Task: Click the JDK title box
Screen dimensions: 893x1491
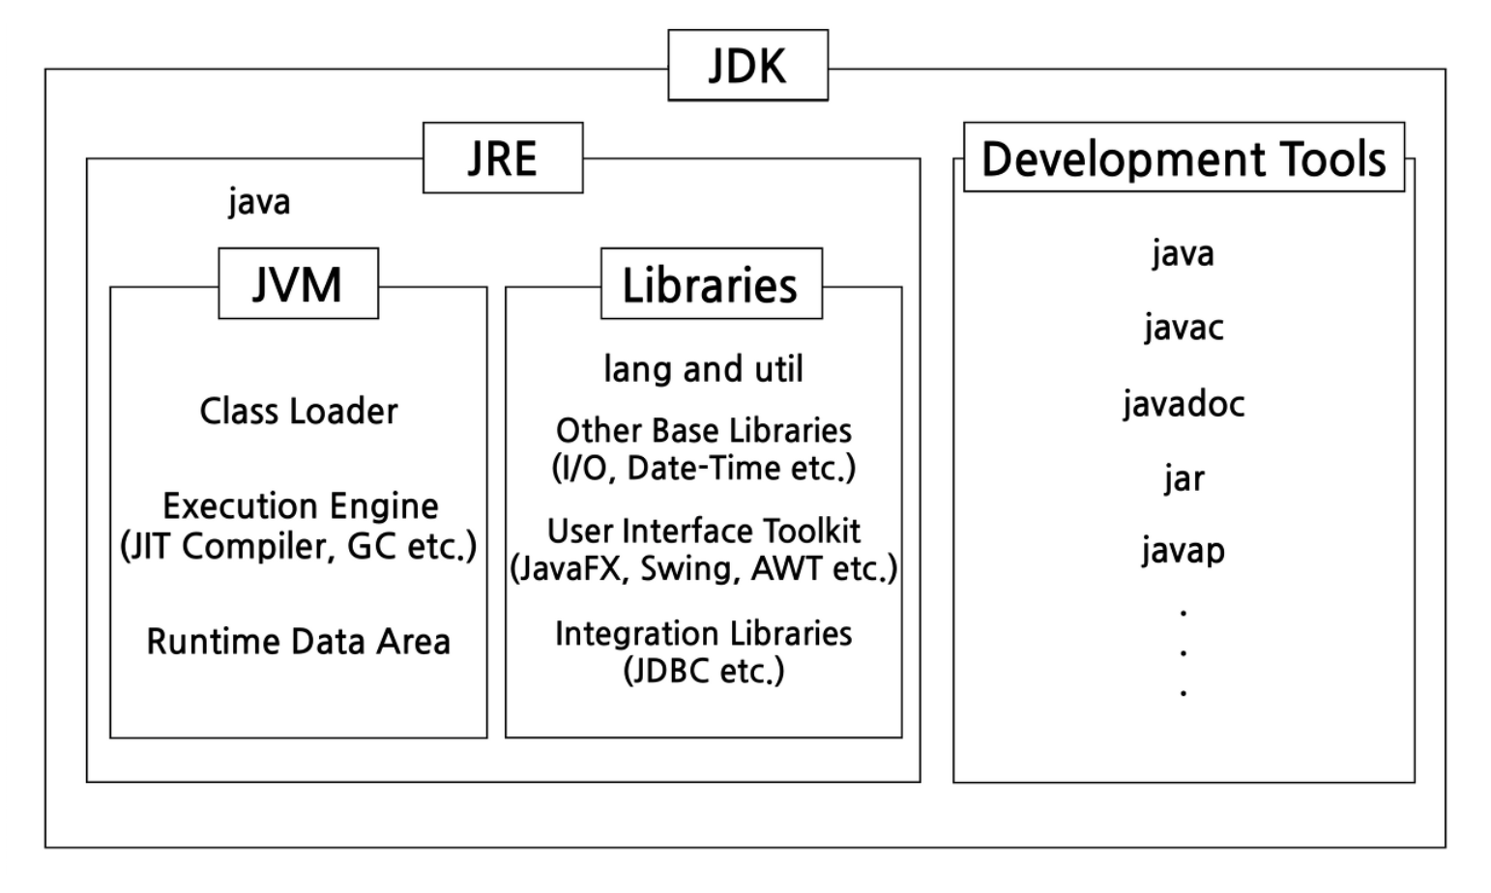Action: (747, 66)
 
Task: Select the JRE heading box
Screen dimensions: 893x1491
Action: (503, 158)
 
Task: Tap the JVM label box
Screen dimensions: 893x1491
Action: (298, 284)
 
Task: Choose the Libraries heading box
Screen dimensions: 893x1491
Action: (711, 284)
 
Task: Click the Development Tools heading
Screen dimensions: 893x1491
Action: (1184, 158)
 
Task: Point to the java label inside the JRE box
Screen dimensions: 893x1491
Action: (259, 202)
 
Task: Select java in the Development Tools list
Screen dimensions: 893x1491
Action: (1183, 253)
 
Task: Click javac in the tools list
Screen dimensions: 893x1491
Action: (1184, 328)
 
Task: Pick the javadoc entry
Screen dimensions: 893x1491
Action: (1184, 403)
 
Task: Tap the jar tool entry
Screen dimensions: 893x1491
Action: (1184, 478)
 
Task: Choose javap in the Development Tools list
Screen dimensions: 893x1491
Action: (1183, 551)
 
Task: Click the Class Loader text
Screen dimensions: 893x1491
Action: (298, 412)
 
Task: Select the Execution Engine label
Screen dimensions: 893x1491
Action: (300, 505)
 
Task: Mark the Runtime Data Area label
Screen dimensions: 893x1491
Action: (298, 642)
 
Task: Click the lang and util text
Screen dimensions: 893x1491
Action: (703, 369)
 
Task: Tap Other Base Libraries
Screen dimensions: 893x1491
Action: (703, 430)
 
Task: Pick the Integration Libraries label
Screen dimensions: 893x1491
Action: (703, 634)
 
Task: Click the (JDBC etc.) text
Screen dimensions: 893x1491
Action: (703, 671)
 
